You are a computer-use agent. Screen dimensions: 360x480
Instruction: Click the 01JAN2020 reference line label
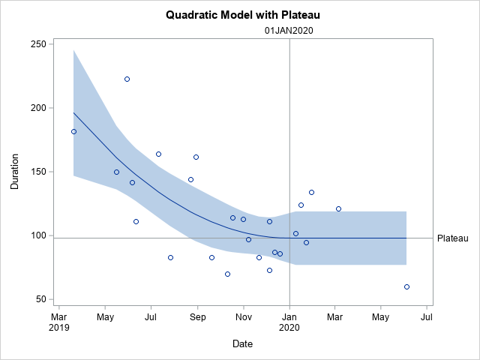pos(289,31)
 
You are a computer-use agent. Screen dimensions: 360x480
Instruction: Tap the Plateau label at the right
pos(452,238)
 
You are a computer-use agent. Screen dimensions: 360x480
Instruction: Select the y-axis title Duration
pos(15,172)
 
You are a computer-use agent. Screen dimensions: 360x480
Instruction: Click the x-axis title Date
pos(242,344)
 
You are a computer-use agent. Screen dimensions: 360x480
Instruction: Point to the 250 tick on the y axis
pos(37,44)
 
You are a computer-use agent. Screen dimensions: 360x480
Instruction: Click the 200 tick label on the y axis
pos(37,108)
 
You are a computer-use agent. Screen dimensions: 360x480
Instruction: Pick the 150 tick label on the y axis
pos(37,172)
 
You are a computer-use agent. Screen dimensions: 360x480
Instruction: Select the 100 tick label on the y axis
pos(37,235)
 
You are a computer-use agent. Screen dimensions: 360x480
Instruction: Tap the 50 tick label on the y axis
pos(40,299)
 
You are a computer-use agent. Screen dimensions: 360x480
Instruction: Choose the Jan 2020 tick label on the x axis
pos(289,322)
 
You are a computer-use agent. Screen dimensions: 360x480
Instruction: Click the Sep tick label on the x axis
pos(197,316)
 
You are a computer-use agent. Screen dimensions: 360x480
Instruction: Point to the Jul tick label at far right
pos(427,316)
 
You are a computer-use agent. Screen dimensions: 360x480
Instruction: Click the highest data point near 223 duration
pos(127,79)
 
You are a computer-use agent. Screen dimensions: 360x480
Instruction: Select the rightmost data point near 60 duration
pos(406,286)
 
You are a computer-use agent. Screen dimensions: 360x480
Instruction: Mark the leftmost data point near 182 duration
pos(73,131)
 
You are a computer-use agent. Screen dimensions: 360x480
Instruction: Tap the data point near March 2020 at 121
pos(338,208)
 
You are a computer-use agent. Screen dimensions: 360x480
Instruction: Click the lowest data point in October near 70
pos(227,274)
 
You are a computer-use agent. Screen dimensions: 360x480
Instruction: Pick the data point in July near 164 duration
pos(158,154)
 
